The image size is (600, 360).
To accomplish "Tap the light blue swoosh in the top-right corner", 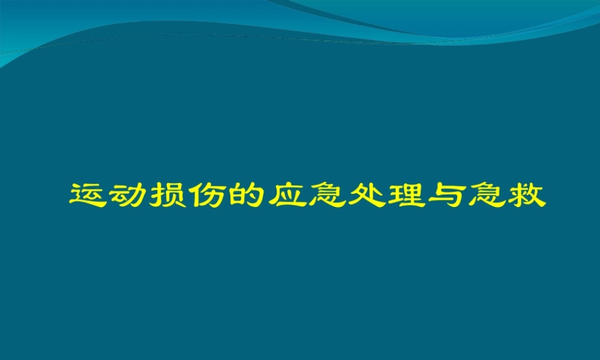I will pyautogui.click(x=510, y=15).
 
